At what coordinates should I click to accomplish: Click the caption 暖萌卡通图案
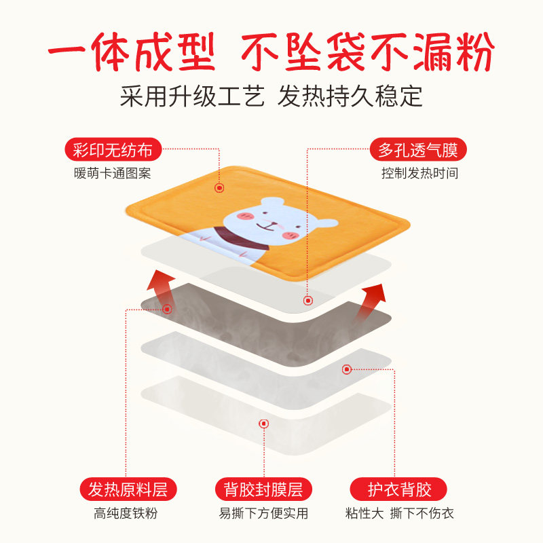point(112,173)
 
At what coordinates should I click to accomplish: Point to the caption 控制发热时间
point(419,173)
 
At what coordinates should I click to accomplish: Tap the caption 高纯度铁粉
point(126,513)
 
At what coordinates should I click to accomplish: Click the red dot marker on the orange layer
point(219,188)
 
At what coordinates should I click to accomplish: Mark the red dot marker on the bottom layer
point(264,424)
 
